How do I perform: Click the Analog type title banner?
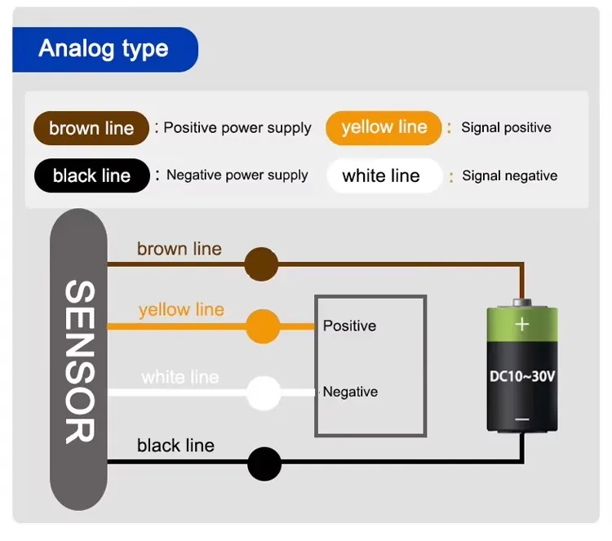tap(104, 49)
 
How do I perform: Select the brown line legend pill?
tap(91, 128)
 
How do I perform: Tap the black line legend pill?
tap(91, 175)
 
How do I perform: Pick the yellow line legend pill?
tap(384, 127)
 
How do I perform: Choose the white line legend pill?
tap(381, 175)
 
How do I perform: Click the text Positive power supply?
tap(237, 128)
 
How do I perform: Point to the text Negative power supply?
tap(237, 175)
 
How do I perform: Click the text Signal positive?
tap(506, 127)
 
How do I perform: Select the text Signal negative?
tap(509, 175)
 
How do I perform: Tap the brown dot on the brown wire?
tap(261, 264)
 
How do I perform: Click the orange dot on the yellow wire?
tap(262, 326)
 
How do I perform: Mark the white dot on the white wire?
tap(263, 392)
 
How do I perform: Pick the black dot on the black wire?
tap(264, 463)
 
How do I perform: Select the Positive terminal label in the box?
tap(349, 326)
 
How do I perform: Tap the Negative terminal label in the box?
tap(350, 392)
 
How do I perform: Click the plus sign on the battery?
tap(522, 324)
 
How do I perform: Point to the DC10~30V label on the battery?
tap(522, 377)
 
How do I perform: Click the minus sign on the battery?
tap(522, 419)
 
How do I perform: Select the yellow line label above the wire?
tap(181, 310)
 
